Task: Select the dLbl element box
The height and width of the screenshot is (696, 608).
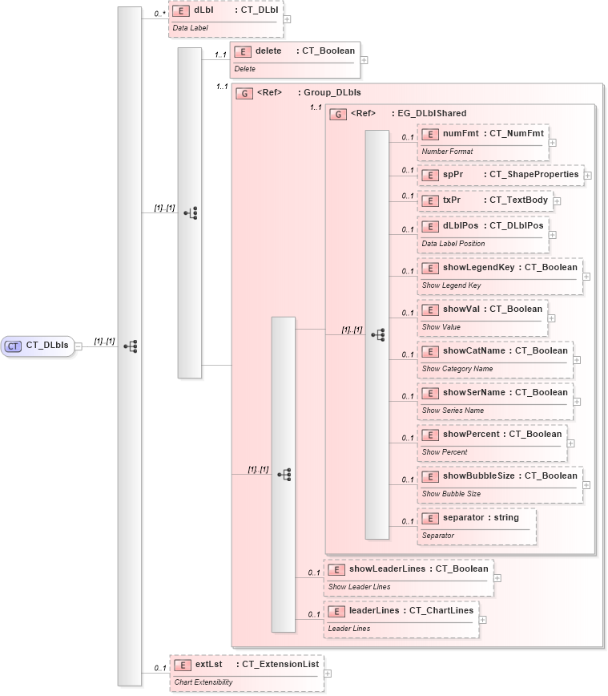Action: [x=225, y=19]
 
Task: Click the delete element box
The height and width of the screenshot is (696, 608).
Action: [x=294, y=59]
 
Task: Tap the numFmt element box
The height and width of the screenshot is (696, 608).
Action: [x=482, y=141]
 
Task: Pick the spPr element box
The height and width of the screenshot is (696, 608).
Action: [x=500, y=174]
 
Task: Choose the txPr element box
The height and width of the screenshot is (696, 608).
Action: [x=485, y=200]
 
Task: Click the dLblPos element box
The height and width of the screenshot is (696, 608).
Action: [x=482, y=233]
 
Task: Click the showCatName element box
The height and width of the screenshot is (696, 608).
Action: [x=495, y=358]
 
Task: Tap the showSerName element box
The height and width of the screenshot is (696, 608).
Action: [x=495, y=400]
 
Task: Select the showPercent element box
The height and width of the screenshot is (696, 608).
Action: [x=492, y=442]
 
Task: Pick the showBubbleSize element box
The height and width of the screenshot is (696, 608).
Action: [x=500, y=484]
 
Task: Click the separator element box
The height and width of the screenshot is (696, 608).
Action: [x=477, y=525]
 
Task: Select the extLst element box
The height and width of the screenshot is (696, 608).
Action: [x=246, y=672]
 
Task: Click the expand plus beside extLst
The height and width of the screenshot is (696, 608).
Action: [x=328, y=673]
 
